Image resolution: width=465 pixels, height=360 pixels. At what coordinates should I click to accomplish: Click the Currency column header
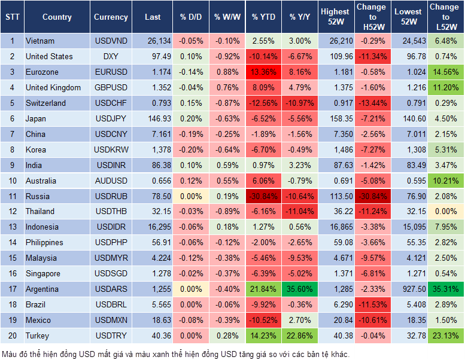tap(111, 17)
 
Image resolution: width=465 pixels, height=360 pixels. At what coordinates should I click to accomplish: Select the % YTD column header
tap(263, 17)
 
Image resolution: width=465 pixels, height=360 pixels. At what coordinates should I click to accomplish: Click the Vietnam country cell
tap(40, 41)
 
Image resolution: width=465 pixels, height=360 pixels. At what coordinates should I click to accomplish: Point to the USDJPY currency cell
tap(110, 119)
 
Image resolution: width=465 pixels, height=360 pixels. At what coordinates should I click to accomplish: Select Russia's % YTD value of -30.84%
tap(263, 196)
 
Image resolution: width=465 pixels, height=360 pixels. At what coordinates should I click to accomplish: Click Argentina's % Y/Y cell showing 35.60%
tap(300, 289)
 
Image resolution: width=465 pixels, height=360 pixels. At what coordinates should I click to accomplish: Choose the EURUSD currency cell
tap(110, 72)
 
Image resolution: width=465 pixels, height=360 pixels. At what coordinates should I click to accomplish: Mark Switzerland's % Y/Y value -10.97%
tap(300, 103)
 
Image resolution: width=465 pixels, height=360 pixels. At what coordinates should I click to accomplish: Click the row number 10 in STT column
tap(12, 181)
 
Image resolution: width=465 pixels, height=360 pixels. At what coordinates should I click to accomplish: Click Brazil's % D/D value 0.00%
tap(190, 304)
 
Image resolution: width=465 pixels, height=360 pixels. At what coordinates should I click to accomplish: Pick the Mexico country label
tap(38, 320)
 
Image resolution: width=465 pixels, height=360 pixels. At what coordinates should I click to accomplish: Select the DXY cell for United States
tap(110, 57)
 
